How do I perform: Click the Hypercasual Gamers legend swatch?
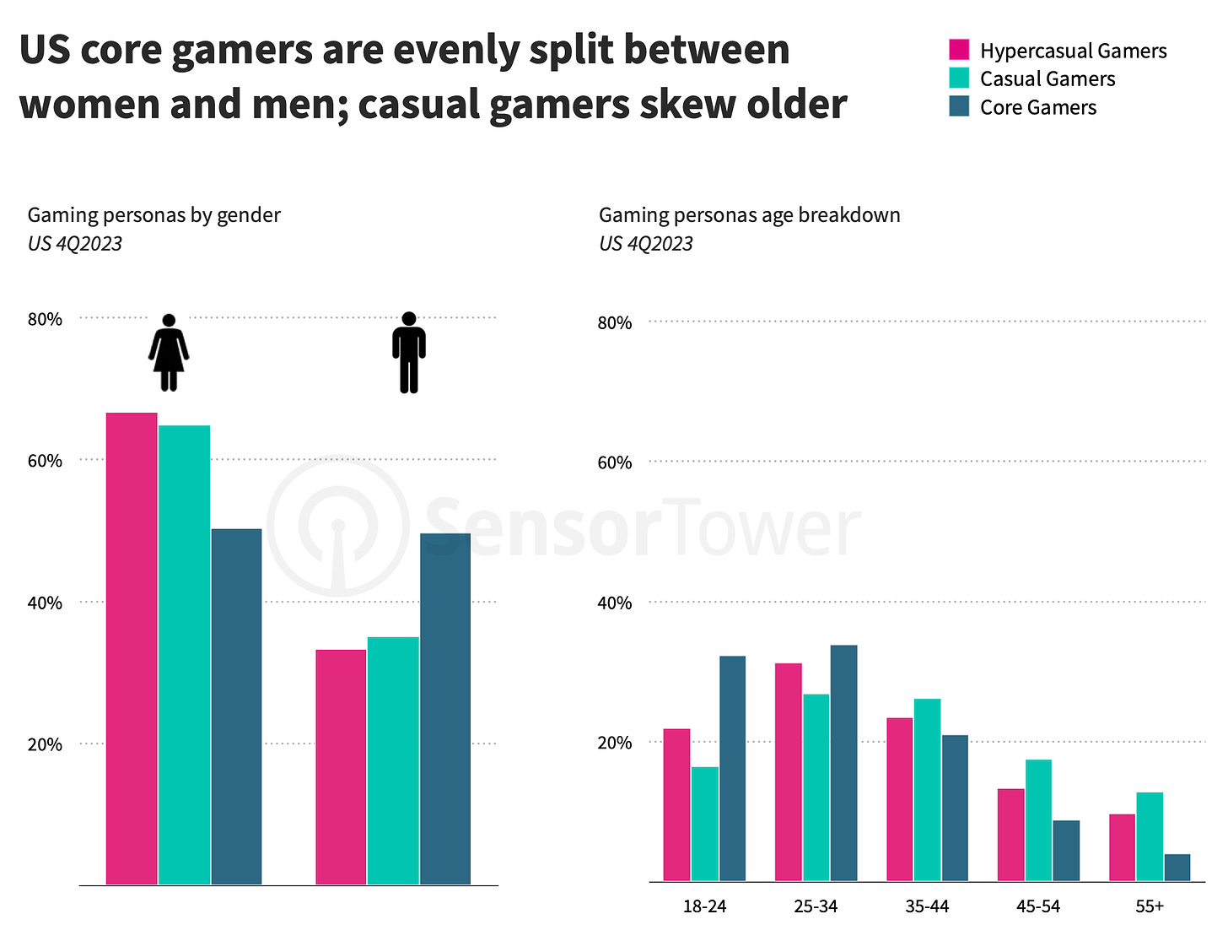959,50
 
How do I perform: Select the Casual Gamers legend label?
1047,79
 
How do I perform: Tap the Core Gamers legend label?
1037,108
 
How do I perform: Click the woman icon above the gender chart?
169,353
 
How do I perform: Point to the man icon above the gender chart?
409,353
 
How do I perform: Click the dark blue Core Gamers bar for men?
445,709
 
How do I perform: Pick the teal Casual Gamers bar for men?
393,760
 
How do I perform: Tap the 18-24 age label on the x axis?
704,906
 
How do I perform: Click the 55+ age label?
1150,906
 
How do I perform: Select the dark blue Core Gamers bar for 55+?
1177,868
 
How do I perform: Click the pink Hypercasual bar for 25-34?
789,772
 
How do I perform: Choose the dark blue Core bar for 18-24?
732,769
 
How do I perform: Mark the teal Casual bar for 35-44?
927,790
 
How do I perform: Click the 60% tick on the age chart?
615,462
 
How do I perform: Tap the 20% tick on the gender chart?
45,744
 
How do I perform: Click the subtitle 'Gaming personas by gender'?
153,215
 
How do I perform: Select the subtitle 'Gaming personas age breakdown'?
749,215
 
